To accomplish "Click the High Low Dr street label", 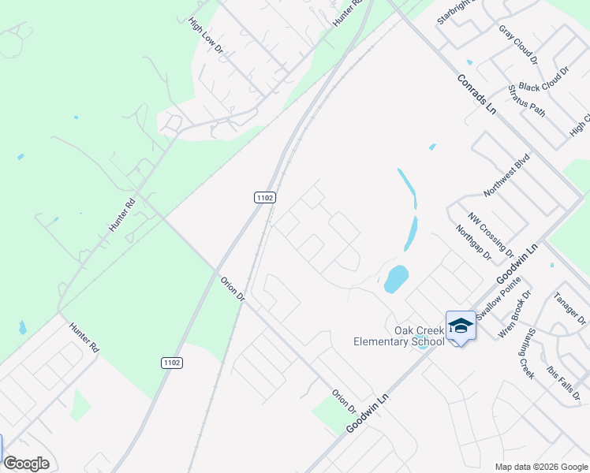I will (x=207, y=37).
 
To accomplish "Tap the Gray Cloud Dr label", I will (x=517, y=43).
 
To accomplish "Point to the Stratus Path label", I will (x=527, y=100).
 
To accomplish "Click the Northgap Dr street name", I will (x=473, y=243).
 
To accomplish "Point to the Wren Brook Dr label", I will (x=514, y=314).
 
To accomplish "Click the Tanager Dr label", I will (x=569, y=308).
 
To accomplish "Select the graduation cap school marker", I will (x=461, y=326).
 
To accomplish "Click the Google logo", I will (x=26, y=464).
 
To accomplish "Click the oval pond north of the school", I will (x=396, y=278).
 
